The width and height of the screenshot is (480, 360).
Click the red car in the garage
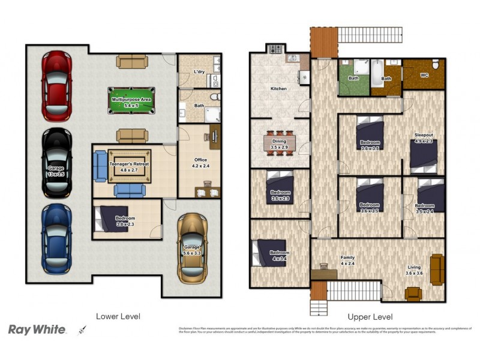pyautogui.click(x=56, y=86)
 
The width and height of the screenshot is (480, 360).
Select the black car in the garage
pyautogui.click(x=56, y=163)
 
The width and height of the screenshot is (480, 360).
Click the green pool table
pyautogui.click(x=131, y=101)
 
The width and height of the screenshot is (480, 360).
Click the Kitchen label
pyautogui.click(x=278, y=89)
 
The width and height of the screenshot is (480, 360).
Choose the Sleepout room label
pyautogui.click(x=424, y=137)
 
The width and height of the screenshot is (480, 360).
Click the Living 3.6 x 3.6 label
pyautogui.click(x=413, y=270)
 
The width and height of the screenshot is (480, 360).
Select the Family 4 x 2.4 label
pyautogui.click(x=347, y=260)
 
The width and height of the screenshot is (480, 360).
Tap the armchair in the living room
pyautogui.click(x=413, y=293)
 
